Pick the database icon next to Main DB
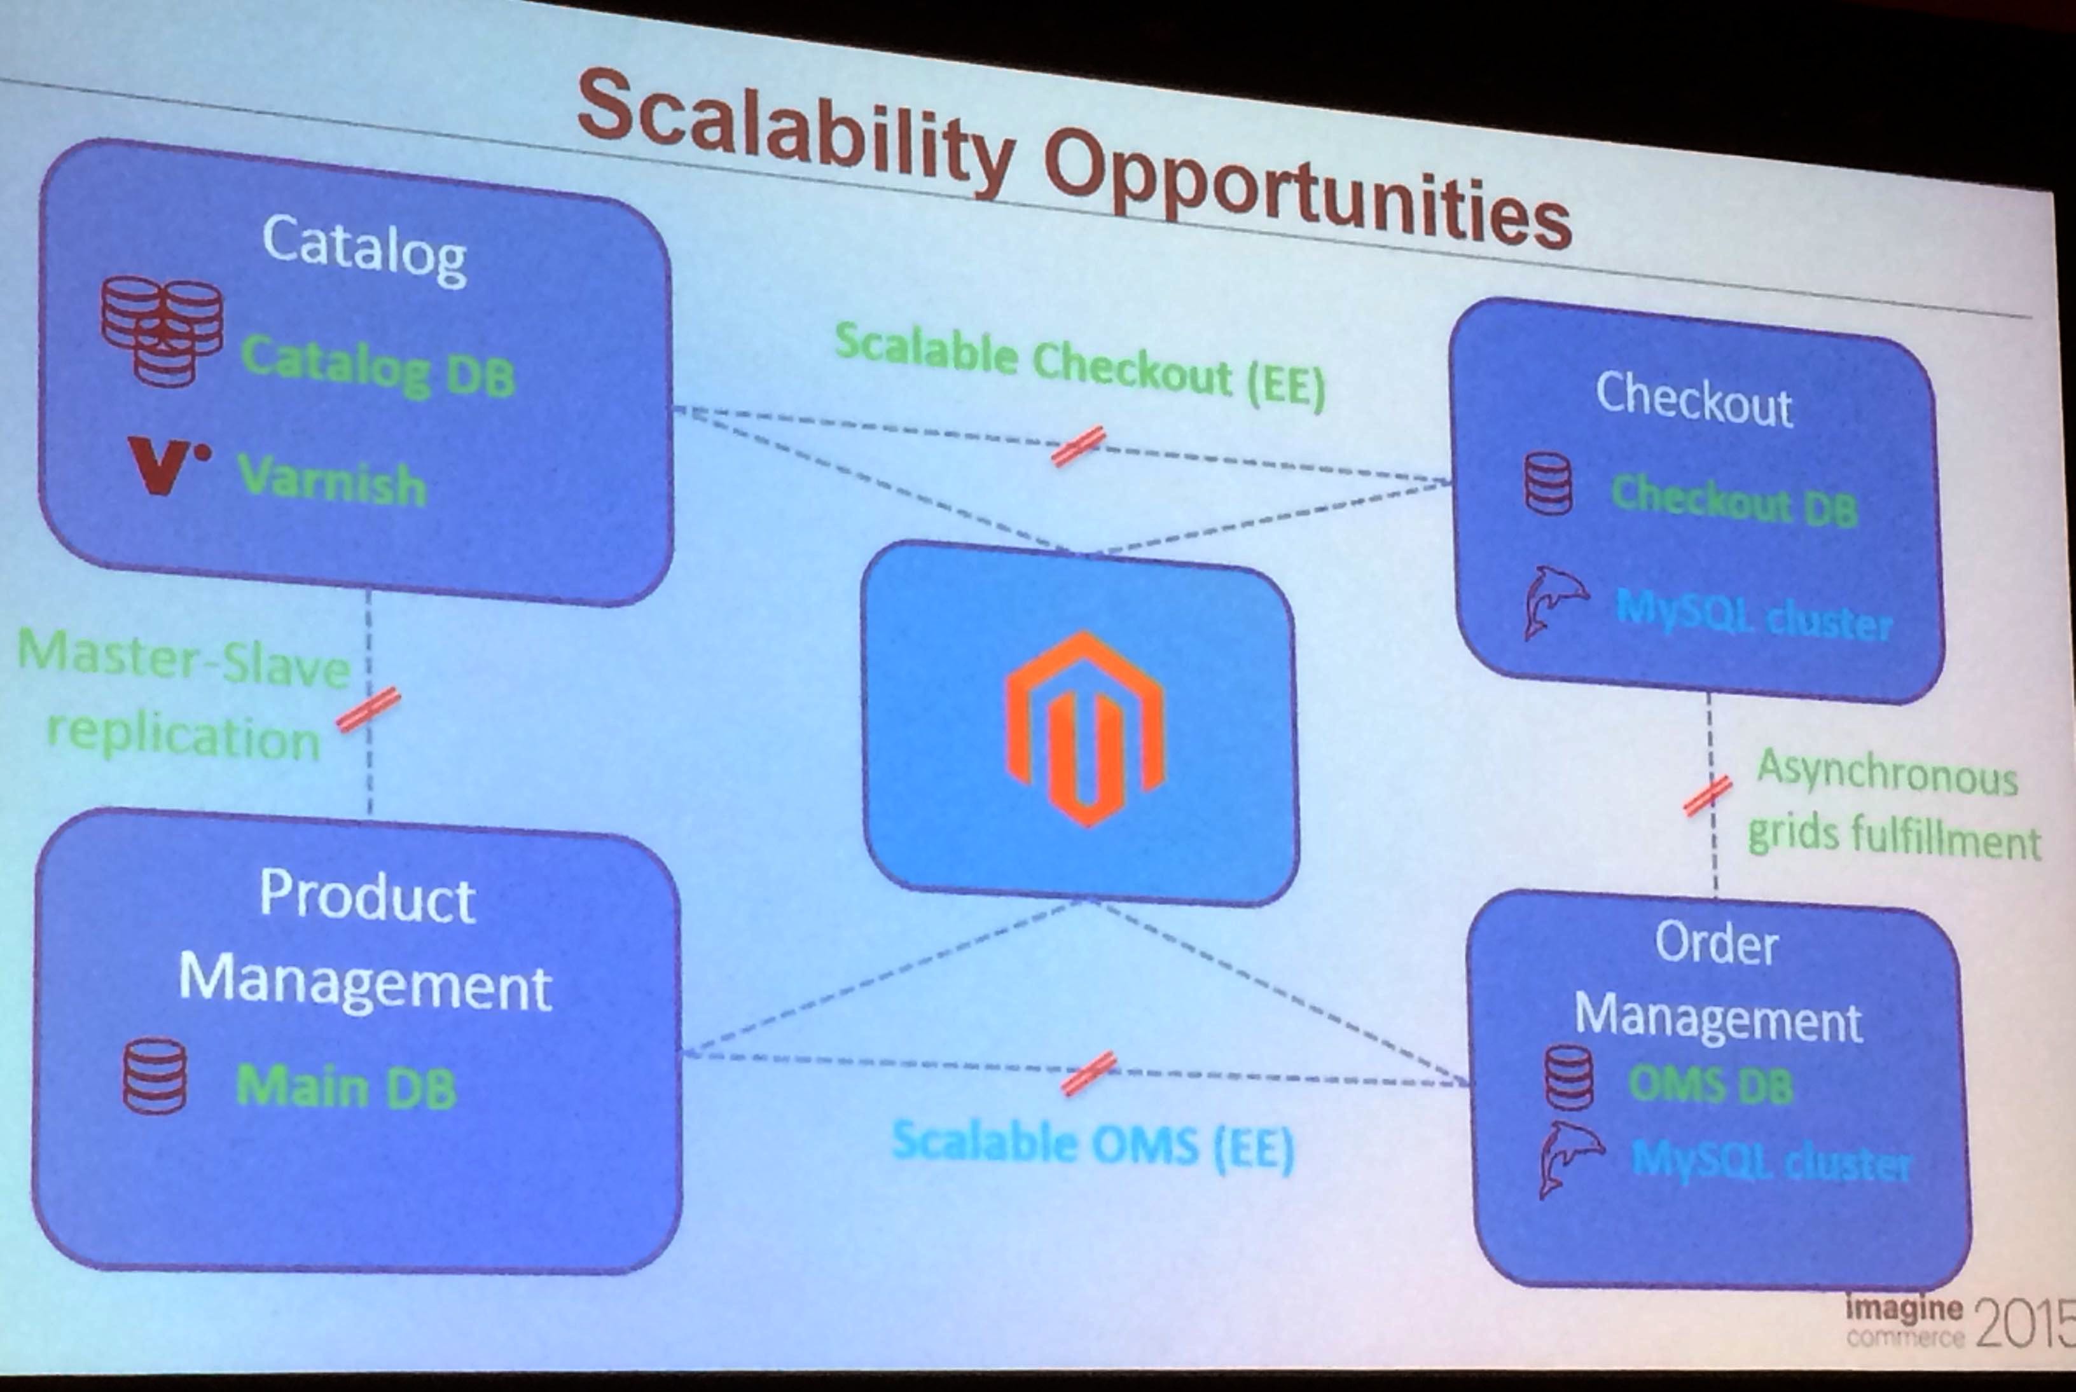[x=155, y=1075]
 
